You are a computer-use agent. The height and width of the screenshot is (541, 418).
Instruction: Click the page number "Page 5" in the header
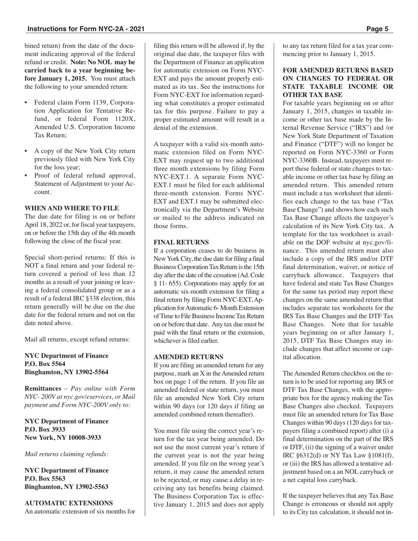[x=377, y=29]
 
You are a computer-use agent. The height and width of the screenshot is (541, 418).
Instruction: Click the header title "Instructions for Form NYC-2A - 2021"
[x=86, y=29]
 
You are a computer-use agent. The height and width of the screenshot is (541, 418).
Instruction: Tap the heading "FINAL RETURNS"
[x=181, y=242]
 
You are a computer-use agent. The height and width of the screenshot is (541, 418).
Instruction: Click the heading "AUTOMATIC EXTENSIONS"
[x=69, y=503]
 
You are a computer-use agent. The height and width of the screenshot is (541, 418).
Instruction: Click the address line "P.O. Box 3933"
[x=45, y=429]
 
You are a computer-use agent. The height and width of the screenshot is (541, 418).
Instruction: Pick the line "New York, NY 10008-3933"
[x=62, y=438]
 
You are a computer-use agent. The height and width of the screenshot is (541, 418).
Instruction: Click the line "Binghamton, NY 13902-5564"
[x=66, y=372]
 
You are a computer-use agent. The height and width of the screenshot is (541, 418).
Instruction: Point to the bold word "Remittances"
[x=43, y=388]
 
